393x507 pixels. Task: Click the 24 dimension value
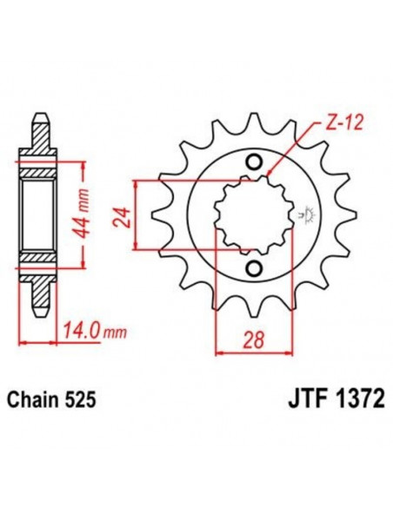(121, 215)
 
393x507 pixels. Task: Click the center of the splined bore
(253, 214)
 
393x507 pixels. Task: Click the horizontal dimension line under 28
(253, 352)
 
